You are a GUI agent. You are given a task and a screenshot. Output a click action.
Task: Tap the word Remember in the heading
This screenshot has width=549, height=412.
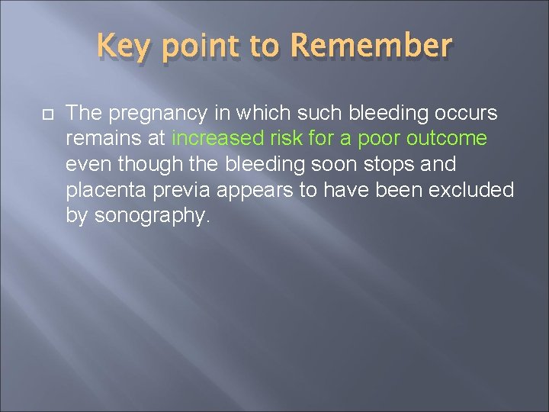[x=371, y=47]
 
